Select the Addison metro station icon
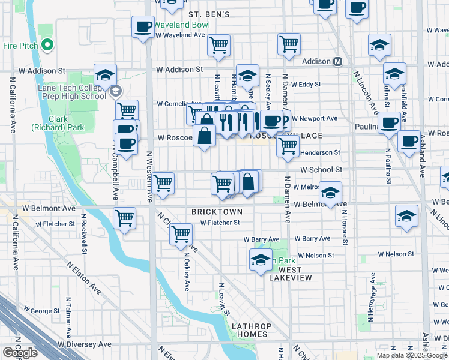(x=337, y=61)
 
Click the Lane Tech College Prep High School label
(x=72, y=91)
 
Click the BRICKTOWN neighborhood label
(x=217, y=212)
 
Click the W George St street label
(x=44, y=311)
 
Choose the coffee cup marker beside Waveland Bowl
(x=143, y=27)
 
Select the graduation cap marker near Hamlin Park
(x=261, y=260)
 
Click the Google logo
(x=20, y=353)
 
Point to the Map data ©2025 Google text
(x=411, y=355)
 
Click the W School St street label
(x=321, y=170)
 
